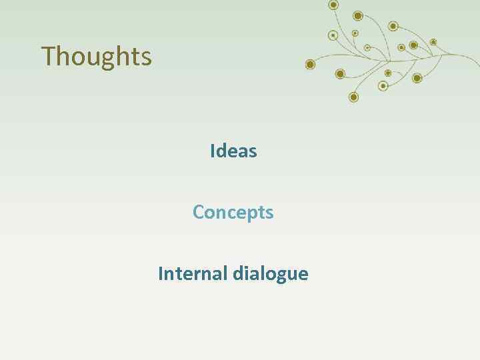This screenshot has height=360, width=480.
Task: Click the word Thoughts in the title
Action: (97, 57)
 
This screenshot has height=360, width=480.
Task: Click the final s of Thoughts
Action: (146, 58)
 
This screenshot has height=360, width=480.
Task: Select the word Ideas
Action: (233, 151)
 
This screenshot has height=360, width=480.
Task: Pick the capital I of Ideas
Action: (212, 151)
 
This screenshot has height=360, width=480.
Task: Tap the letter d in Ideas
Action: (221, 151)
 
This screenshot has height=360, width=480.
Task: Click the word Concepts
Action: (233, 213)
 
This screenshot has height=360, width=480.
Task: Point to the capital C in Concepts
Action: (199, 213)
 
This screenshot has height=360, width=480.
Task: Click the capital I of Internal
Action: (161, 273)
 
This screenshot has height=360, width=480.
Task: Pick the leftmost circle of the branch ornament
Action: (309, 65)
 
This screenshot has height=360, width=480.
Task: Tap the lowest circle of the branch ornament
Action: (353, 97)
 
